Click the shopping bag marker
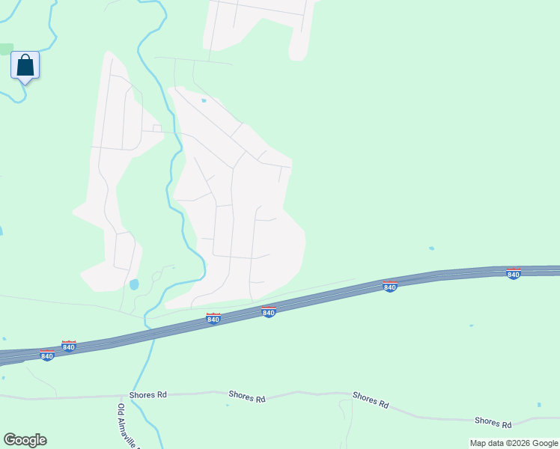coord(25,65)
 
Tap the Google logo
coord(25,440)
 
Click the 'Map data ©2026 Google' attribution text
coord(514,443)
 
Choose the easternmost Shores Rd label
coord(492,423)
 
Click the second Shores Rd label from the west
coord(247,397)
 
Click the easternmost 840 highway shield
coord(513,274)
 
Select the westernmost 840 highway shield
coord(47,355)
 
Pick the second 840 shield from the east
coord(389,286)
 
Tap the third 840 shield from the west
coord(213,319)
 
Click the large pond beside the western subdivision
coord(134,284)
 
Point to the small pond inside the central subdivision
coord(203,100)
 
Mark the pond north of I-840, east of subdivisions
coord(430,248)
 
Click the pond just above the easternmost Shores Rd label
coord(538,405)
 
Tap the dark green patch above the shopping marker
coord(6,49)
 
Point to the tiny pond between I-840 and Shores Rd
coord(471,326)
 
